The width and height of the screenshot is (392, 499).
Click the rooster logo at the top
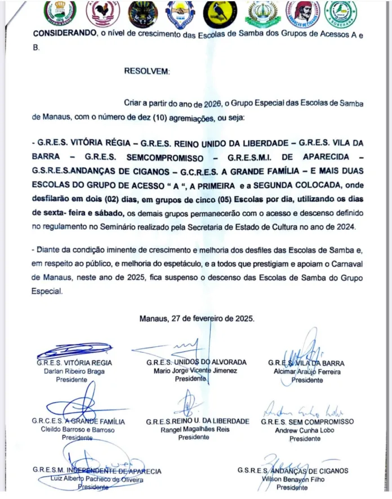click(x=103, y=14)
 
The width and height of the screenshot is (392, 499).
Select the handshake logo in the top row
click(x=181, y=15)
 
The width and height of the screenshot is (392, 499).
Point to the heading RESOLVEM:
click(x=146, y=72)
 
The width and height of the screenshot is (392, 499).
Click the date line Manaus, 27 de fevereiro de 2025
click(x=197, y=318)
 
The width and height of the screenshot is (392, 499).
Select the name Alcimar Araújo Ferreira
click(x=306, y=372)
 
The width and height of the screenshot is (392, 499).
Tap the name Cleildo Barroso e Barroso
click(x=78, y=430)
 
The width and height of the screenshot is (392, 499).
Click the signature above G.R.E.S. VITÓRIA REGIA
click(x=74, y=351)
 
